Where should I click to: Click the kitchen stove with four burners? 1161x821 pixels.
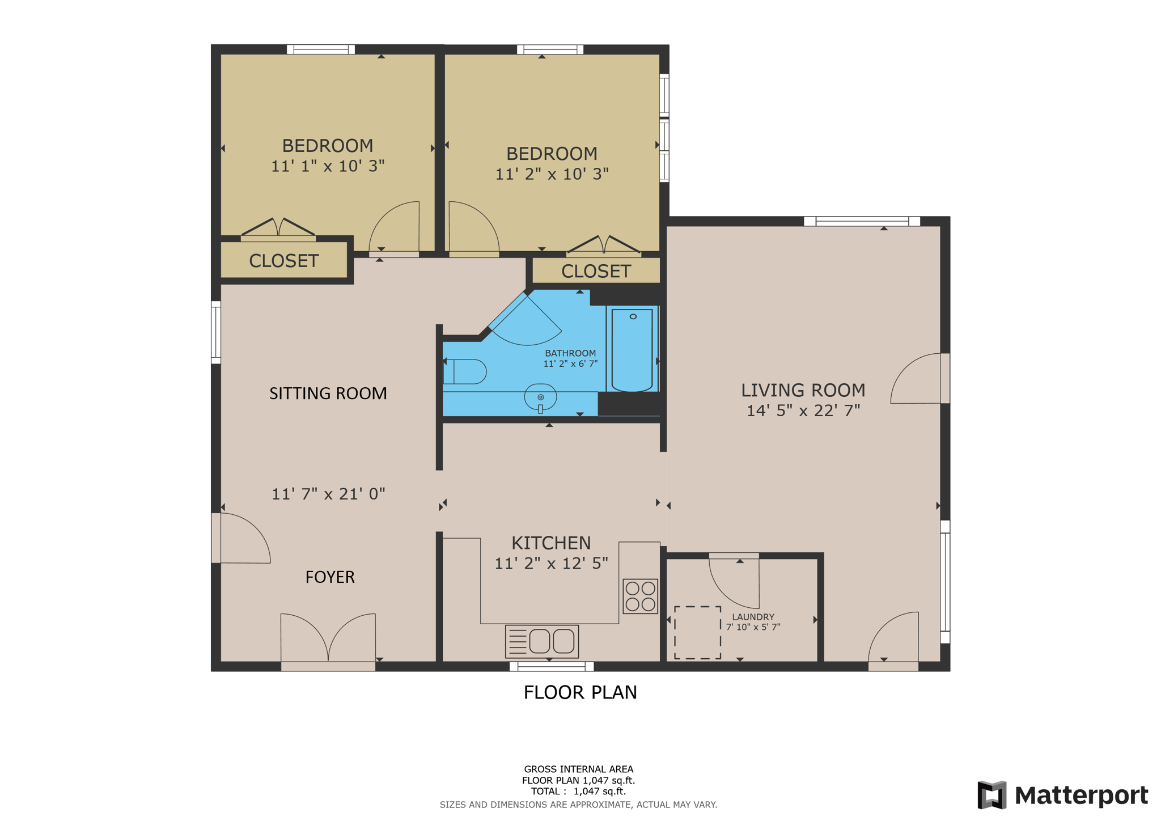click(640, 596)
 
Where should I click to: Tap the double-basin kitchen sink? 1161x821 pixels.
click(542, 641)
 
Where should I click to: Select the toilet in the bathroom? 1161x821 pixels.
click(465, 372)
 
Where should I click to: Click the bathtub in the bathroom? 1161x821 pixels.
click(632, 350)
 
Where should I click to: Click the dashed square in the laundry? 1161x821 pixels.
click(697, 633)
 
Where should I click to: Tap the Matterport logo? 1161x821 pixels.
click(1063, 795)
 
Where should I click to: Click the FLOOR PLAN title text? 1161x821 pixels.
click(580, 692)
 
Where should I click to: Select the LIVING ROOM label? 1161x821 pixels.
click(803, 390)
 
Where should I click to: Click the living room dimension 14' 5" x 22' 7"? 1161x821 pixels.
click(803, 410)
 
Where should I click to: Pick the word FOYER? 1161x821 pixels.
click(330, 577)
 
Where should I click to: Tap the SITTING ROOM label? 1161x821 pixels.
click(328, 393)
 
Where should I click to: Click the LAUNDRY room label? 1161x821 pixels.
click(753, 617)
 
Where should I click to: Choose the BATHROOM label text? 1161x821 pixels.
click(570, 353)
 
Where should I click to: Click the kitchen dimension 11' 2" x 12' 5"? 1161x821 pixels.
click(552, 563)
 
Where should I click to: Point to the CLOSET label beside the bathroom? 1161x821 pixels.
click(596, 272)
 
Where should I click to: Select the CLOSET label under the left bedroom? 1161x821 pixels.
click(284, 261)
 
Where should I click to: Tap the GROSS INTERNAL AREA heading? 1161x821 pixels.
click(579, 769)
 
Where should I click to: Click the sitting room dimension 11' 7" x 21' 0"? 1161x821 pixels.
click(328, 494)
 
